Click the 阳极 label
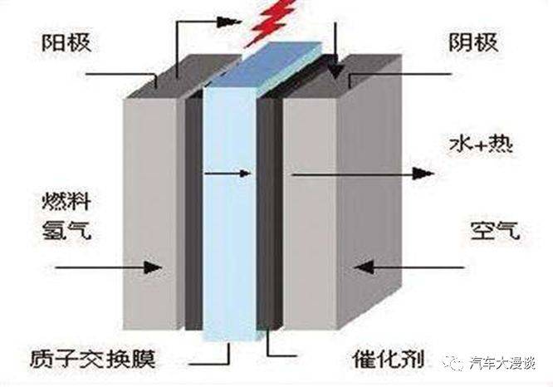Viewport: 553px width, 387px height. click(66, 43)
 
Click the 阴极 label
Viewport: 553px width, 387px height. click(473, 43)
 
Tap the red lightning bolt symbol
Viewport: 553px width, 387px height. click(271, 22)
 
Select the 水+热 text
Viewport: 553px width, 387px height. click(481, 145)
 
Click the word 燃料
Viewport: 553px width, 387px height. click(66, 202)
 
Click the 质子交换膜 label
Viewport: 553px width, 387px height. click(93, 359)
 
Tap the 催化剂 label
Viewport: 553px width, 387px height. click(389, 359)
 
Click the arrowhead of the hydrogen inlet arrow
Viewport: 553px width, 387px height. click(153, 267)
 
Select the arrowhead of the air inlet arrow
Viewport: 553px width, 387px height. click(363, 267)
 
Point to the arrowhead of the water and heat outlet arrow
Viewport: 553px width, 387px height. click(423, 174)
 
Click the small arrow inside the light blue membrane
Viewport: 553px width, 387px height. click(228, 174)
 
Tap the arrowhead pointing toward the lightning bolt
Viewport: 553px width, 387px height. click(227, 22)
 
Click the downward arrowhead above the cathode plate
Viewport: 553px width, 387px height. click(335, 71)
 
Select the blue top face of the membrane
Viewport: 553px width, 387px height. click(266, 65)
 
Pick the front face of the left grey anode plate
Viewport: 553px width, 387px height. click(150, 213)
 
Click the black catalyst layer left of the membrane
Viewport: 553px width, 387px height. click(194, 212)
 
